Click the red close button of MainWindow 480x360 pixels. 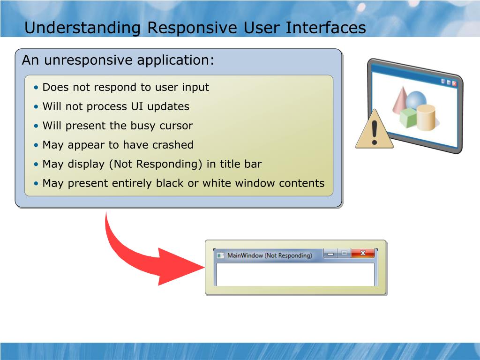click(363, 253)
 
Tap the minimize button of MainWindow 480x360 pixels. click(330, 254)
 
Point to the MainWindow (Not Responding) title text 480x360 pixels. click(270, 255)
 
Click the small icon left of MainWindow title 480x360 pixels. click(220, 255)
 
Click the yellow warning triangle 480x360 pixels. click(374, 129)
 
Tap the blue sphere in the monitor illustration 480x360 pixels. click(416, 99)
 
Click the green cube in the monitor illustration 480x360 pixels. click(408, 118)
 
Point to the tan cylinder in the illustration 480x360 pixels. click(426, 117)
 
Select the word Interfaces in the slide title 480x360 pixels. click(326, 27)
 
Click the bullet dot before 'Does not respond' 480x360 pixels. click(37, 88)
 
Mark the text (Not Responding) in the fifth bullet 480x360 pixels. click(156, 165)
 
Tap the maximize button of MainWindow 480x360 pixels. click(344, 254)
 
